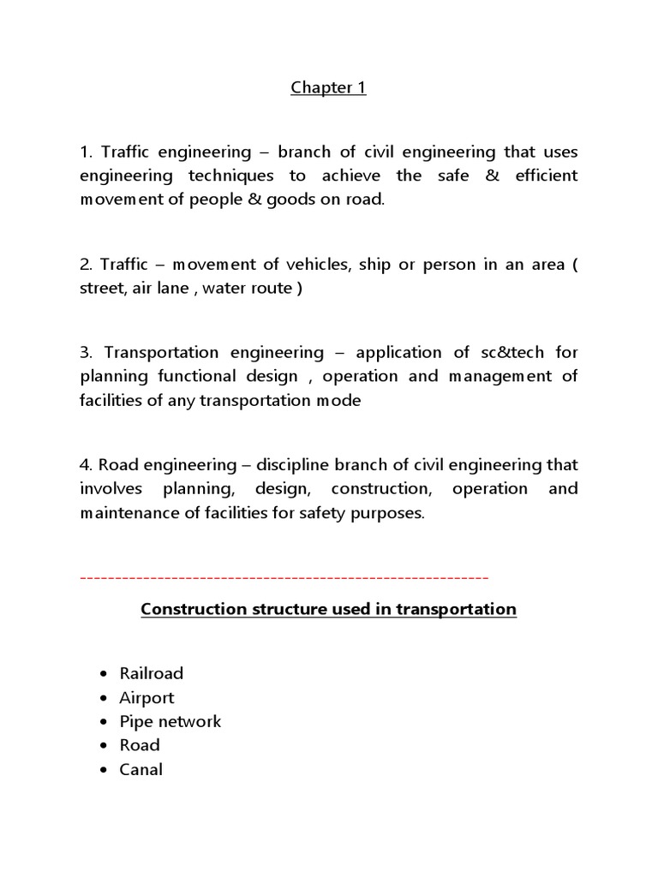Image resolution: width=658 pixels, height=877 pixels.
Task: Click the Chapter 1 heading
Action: [328, 88]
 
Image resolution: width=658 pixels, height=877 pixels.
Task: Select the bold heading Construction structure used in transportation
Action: [328, 610]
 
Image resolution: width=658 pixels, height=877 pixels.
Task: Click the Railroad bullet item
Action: [152, 674]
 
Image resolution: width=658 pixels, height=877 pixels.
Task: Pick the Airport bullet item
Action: [147, 698]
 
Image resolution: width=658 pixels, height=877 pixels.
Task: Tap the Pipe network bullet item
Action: [170, 722]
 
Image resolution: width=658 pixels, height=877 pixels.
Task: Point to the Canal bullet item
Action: [141, 770]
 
